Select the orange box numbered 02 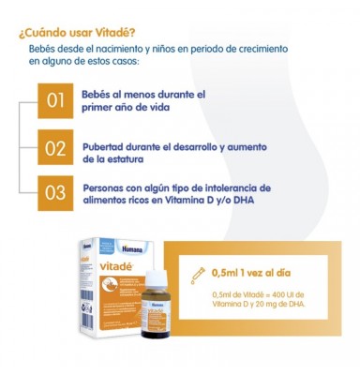[55, 148]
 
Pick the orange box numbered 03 [55, 193]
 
